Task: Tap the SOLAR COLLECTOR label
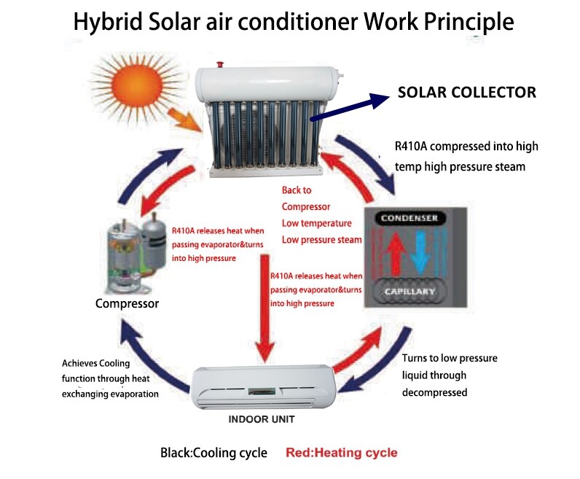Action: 467,93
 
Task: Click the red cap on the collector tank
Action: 220,65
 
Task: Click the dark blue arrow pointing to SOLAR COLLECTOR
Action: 350,107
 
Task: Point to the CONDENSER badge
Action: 409,218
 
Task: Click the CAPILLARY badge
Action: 409,292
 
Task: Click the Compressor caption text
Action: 127,303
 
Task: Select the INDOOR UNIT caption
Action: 262,419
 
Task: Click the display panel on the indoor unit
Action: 262,392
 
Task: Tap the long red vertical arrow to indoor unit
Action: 264,308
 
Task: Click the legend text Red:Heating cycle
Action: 342,452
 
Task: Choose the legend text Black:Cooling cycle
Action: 213,453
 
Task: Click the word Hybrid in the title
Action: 108,22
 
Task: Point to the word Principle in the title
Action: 469,22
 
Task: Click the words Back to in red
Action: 297,190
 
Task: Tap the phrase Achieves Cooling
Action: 95,363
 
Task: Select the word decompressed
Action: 434,392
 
